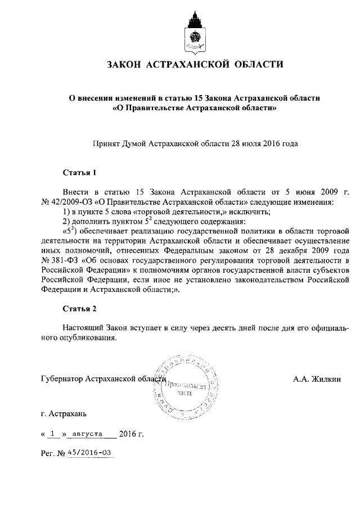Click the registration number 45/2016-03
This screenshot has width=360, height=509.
coord(90,452)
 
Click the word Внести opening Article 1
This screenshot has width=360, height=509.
coord(74,192)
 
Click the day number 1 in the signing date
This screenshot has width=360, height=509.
coord(53,434)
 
